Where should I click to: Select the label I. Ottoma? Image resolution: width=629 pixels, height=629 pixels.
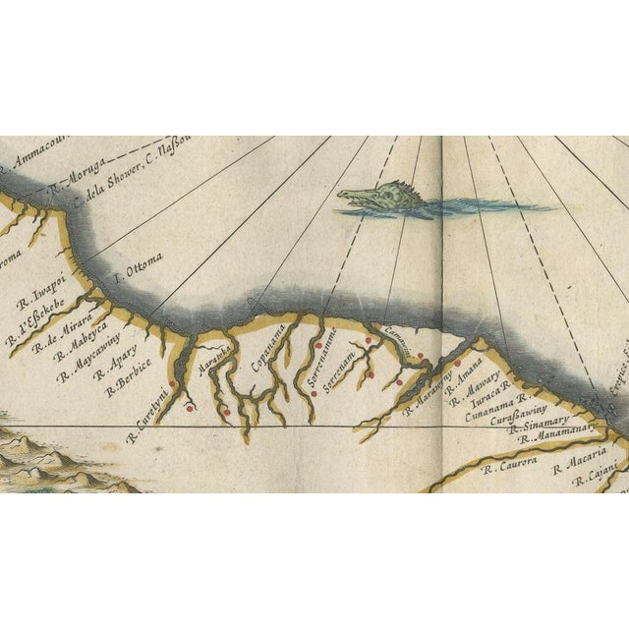[138, 267]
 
